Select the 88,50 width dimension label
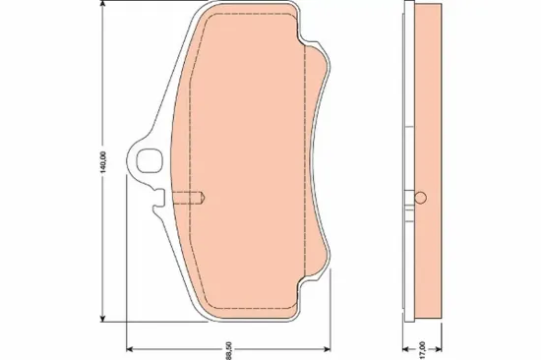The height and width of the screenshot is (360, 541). (229, 351)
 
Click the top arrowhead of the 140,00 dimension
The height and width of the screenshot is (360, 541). (102, 4)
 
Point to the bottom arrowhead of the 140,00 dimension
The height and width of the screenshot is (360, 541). (102, 318)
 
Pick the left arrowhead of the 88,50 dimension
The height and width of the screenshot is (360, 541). (131, 349)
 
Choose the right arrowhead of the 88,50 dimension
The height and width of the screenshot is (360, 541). (327, 349)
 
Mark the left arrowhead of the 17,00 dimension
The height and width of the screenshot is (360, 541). (406, 349)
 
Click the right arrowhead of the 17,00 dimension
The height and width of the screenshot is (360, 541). (438, 349)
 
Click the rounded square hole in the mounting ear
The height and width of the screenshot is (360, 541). (150, 160)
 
